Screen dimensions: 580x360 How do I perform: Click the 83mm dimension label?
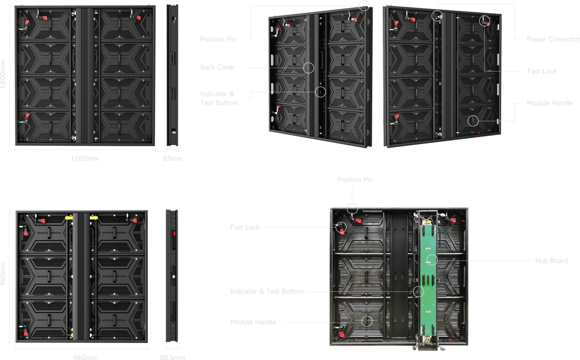tap(173, 158)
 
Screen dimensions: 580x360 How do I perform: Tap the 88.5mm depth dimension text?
tap(173, 357)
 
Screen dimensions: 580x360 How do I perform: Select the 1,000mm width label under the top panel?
tap(85, 158)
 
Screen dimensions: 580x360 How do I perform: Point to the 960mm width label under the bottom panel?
tap(85, 357)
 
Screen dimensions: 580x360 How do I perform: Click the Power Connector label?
tap(553, 39)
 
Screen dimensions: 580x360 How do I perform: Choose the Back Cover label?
tap(217, 67)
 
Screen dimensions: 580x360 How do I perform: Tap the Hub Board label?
tap(551, 260)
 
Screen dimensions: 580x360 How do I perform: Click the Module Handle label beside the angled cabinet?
tap(550, 103)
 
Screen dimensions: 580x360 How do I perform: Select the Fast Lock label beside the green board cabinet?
tap(245, 227)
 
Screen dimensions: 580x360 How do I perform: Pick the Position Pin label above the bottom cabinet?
tap(355, 179)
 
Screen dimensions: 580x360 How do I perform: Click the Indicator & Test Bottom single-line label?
tap(267, 291)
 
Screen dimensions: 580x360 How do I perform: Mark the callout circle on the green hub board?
tap(432, 260)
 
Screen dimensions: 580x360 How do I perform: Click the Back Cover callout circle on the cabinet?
tap(308, 68)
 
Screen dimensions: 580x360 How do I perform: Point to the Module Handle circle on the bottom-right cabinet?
tap(367, 321)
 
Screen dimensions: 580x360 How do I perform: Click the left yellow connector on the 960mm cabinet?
tap(69, 217)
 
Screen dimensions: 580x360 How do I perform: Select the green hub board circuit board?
tap(428, 281)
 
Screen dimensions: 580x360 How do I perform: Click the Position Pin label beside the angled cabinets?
tap(218, 39)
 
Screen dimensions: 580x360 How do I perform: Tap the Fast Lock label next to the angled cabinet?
tap(542, 71)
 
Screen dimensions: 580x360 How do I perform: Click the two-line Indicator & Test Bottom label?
tap(219, 99)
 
